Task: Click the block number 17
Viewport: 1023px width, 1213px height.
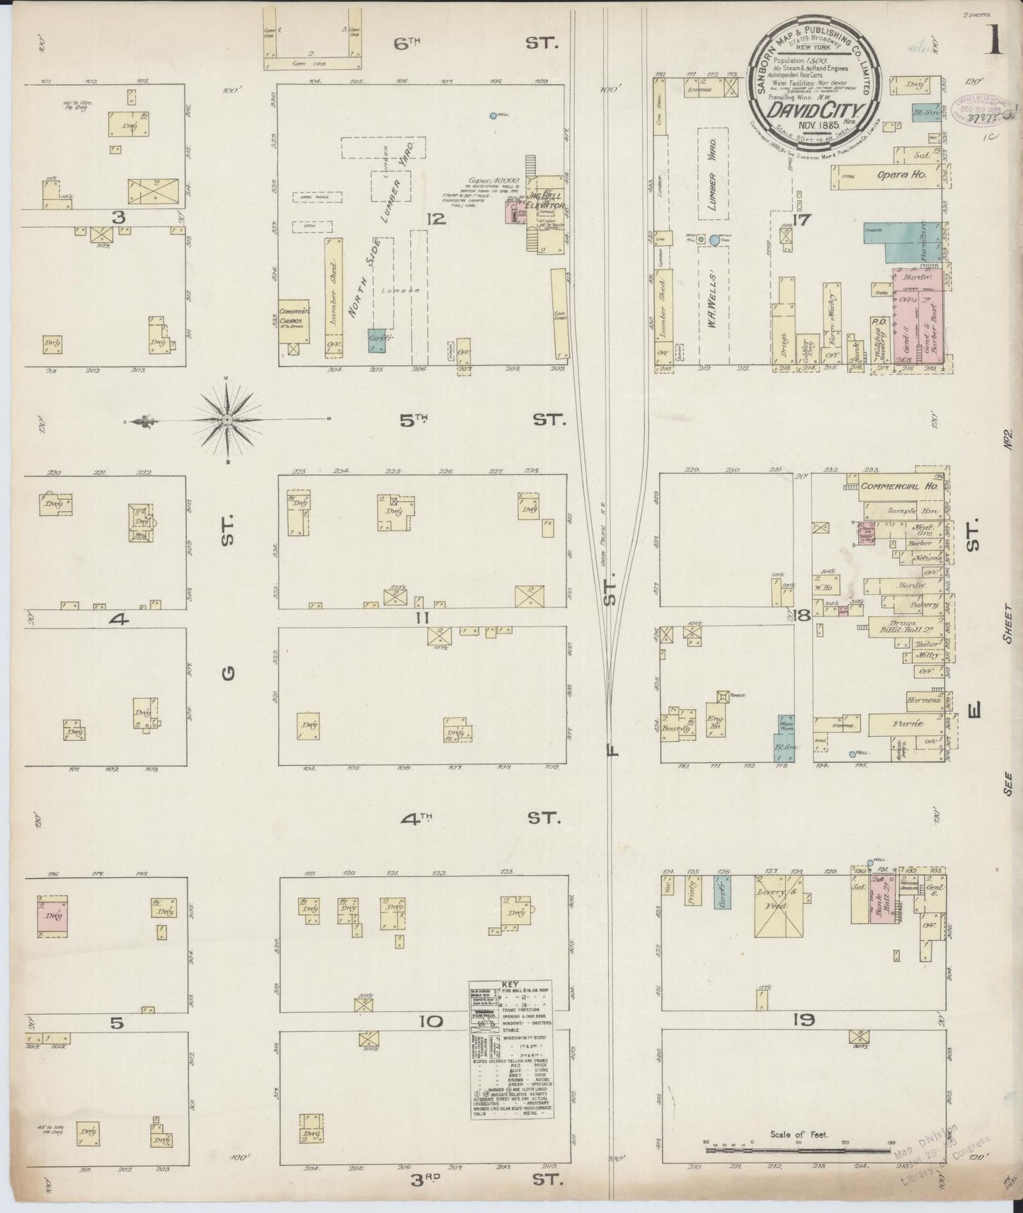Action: pos(801,221)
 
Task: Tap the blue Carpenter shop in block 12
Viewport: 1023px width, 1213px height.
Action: pos(377,340)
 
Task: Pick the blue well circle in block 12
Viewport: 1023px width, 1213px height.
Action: pos(493,115)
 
